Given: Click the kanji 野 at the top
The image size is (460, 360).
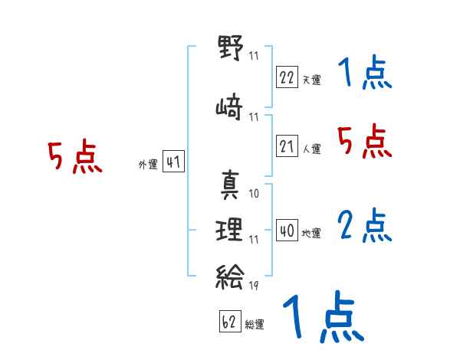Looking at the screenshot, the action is pos(230,47).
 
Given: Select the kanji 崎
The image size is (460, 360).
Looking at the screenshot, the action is pos(229,106).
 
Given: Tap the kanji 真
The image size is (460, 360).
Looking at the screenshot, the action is pos(230,185).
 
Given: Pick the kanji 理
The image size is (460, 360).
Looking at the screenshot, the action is pos(229,230).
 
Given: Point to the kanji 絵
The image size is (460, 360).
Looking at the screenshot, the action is pos(229,277).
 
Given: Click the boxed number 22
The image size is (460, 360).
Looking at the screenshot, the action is pos(287,77).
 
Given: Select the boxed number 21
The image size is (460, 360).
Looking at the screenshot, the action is pos(287,146).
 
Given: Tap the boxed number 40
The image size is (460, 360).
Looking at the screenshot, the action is pos(287,231).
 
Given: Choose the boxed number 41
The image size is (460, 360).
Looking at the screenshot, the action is pos(173,162).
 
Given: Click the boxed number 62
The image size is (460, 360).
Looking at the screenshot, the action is pos(230,321).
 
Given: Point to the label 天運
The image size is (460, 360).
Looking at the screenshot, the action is pos(312,80).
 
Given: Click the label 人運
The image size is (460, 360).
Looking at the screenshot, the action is pos(312,149).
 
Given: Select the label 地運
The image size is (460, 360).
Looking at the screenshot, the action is pos(311,234).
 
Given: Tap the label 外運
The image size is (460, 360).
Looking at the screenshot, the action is pos(148,165).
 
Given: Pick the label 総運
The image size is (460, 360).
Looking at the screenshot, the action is pos(255,325).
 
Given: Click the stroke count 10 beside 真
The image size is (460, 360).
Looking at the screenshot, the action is pos(254,194).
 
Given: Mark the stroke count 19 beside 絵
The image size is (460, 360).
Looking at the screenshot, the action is pos(254,285).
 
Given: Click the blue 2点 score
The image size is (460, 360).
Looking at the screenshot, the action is pos(365,225).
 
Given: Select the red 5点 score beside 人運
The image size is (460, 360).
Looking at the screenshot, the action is pos(365,141).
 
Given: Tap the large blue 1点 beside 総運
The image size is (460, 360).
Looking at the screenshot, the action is pos(324,317).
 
